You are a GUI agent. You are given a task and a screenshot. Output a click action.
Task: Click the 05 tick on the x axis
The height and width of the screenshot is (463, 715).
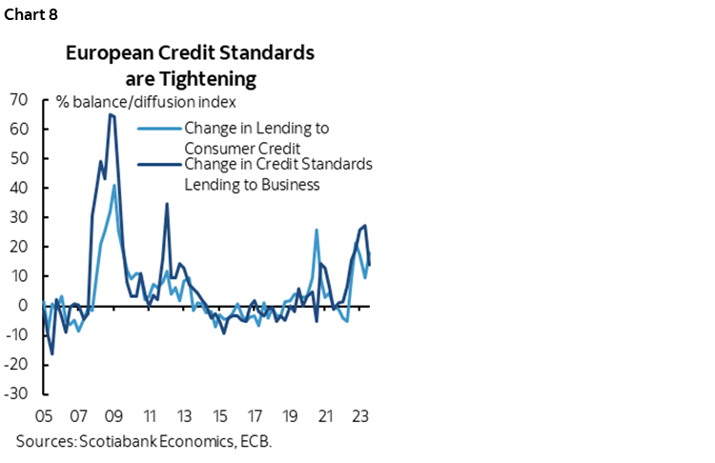click(x=43, y=416)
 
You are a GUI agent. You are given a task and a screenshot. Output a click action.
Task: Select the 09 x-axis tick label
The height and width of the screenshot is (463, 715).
click(x=113, y=416)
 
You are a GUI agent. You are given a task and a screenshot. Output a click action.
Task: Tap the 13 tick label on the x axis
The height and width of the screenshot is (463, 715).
click(x=185, y=416)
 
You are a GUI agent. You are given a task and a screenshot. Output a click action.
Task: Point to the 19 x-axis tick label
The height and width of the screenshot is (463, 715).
click(x=292, y=416)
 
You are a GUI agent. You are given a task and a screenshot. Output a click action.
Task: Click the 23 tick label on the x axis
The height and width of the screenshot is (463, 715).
click(x=362, y=416)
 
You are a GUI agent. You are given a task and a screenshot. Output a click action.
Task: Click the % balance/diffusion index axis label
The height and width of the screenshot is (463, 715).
click(x=146, y=102)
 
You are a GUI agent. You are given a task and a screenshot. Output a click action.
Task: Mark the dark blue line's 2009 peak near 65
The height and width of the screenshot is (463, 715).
click(x=112, y=114)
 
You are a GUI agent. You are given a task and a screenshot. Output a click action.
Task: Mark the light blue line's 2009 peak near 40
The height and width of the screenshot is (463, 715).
click(x=114, y=185)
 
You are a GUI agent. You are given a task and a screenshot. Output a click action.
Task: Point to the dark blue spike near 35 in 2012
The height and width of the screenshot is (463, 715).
click(x=167, y=203)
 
